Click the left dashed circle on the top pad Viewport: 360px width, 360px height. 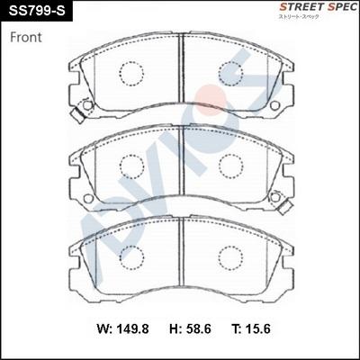tap(132, 74)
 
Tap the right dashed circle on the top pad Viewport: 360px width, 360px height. tap(231, 74)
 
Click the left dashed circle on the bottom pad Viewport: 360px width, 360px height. tap(132, 258)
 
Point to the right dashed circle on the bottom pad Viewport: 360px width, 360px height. tap(231, 258)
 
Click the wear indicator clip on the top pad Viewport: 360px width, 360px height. tap(86, 107)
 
